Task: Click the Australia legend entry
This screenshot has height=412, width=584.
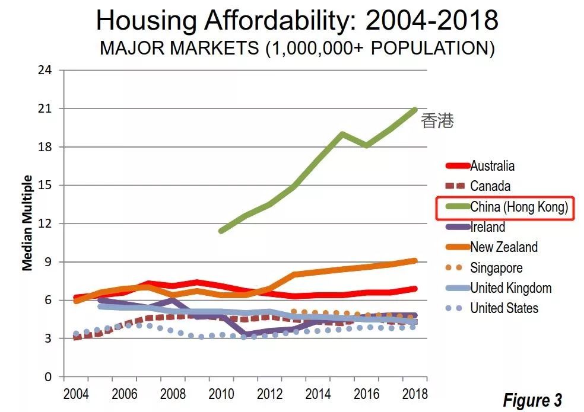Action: tap(492, 166)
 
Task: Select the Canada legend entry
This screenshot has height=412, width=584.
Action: tap(490, 186)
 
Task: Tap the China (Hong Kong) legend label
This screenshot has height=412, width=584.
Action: tap(519, 207)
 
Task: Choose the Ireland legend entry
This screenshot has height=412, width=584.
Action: tap(487, 227)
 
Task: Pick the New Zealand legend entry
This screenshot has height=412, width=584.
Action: tap(503, 247)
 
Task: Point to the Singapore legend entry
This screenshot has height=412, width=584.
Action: tap(496, 268)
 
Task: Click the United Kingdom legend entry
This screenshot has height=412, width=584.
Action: tap(510, 288)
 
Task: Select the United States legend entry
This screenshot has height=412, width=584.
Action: tap(504, 308)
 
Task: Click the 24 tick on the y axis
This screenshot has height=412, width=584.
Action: tap(45, 71)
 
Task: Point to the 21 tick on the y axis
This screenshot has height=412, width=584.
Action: tap(45, 109)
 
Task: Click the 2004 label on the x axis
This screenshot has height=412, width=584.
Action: tap(76, 394)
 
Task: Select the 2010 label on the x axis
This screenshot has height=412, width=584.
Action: tap(220, 394)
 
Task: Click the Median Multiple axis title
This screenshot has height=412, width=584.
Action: tap(27, 223)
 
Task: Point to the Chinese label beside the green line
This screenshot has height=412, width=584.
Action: tap(437, 122)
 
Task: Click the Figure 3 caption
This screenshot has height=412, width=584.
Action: tap(532, 400)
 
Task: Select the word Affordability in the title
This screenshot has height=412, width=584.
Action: tap(269, 21)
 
